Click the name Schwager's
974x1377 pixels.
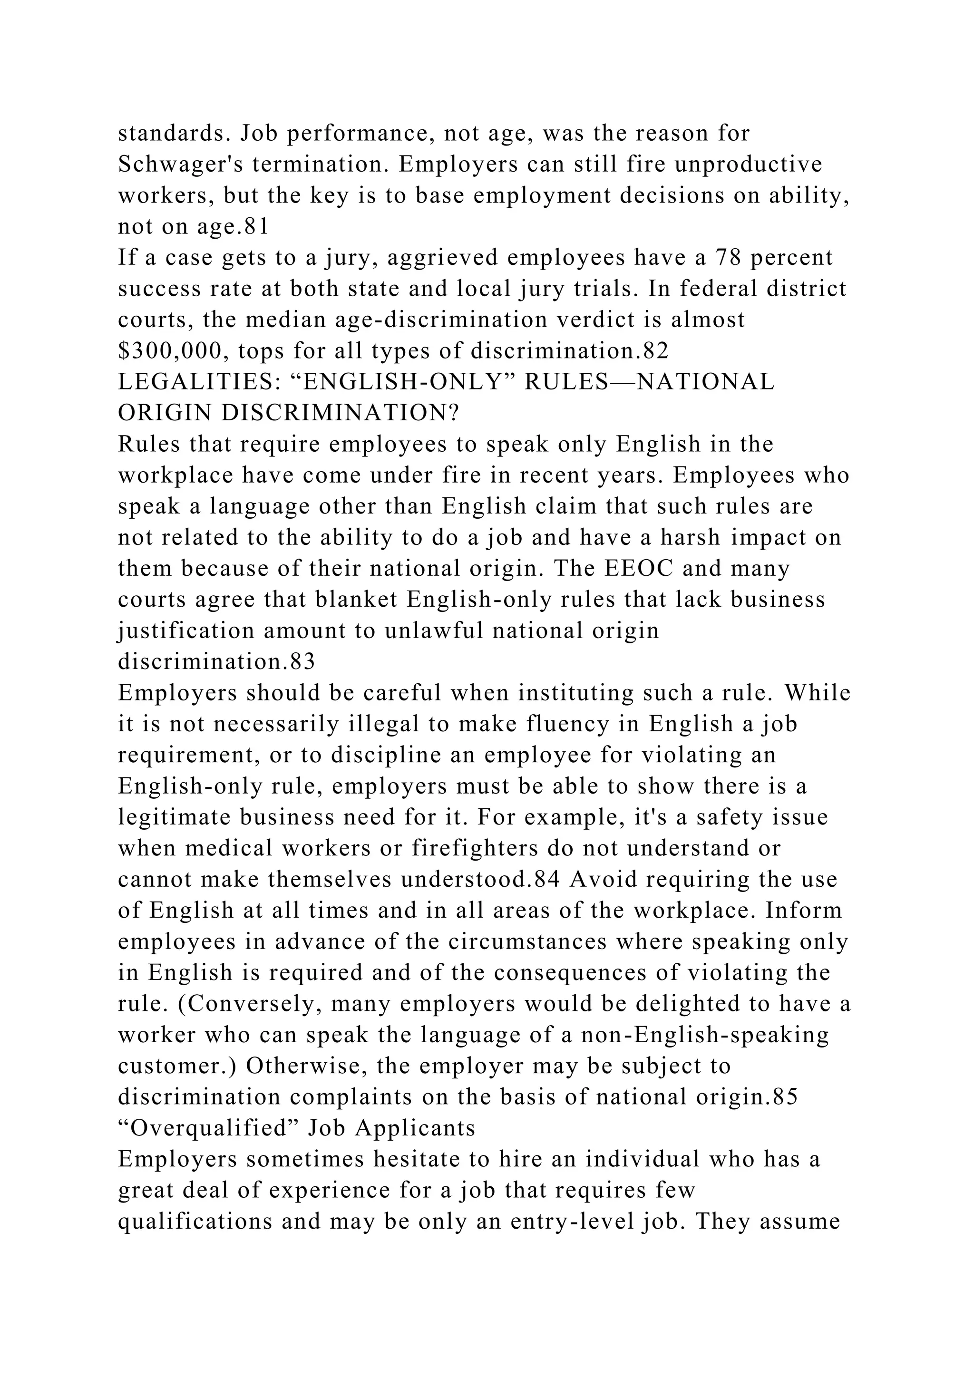pos(171,165)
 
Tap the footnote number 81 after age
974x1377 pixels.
pos(254,227)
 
